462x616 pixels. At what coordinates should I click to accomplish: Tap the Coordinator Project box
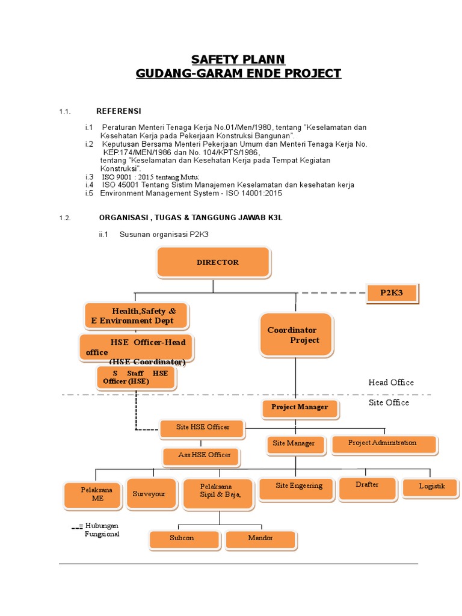(x=295, y=336)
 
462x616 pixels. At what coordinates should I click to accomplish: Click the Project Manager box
(x=300, y=408)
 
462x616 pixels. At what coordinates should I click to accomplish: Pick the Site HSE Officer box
(x=203, y=428)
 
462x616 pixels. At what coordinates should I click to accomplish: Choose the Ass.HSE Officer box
(x=200, y=455)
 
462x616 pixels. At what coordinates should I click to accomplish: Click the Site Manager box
(x=294, y=444)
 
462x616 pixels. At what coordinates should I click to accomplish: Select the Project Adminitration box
(x=383, y=443)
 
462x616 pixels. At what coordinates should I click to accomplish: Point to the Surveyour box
(x=150, y=494)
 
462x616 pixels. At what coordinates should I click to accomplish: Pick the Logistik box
(x=432, y=487)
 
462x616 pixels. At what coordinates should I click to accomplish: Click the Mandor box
(x=260, y=539)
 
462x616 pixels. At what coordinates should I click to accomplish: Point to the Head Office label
(x=391, y=383)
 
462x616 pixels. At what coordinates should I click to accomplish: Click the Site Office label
(x=389, y=402)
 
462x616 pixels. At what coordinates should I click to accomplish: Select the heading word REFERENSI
(x=119, y=111)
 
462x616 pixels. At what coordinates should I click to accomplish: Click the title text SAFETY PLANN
(x=238, y=59)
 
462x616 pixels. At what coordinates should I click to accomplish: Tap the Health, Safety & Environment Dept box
(x=136, y=316)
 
